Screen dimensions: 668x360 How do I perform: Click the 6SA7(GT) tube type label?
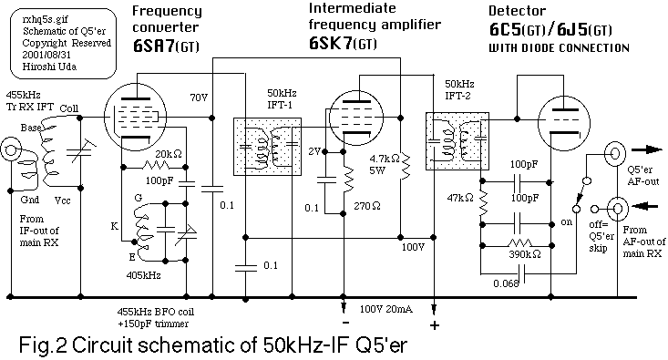(166, 46)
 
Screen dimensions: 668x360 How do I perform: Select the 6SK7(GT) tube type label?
(343, 44)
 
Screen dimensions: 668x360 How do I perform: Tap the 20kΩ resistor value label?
(169, 154)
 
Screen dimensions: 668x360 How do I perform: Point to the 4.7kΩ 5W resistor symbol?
(406, 166)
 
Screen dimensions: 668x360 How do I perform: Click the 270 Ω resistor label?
(367, 206)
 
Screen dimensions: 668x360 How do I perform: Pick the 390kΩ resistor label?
(525, 254)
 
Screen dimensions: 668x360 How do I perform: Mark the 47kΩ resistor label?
(460, 198)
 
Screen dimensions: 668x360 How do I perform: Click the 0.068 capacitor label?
(506, 283)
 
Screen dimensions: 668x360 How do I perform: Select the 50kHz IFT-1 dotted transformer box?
(268, 147)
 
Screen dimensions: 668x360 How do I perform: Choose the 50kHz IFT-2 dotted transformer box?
(457, 141)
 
